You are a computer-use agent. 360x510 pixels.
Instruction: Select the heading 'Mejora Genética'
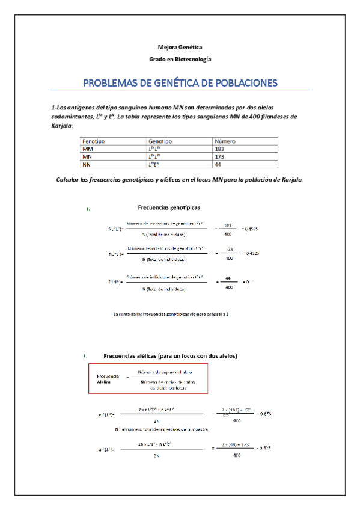180,47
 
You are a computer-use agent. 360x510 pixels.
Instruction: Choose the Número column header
225,141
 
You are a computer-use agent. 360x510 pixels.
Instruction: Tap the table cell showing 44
218,164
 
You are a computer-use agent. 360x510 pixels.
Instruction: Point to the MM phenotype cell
88,148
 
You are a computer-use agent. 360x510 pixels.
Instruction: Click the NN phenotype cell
87,164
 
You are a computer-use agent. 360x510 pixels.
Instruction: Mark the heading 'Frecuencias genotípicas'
169,207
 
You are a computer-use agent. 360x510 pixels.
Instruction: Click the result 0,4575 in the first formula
250,229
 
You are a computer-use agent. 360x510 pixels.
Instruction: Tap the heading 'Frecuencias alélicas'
171,356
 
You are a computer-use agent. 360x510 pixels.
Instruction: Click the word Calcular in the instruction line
71,179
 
